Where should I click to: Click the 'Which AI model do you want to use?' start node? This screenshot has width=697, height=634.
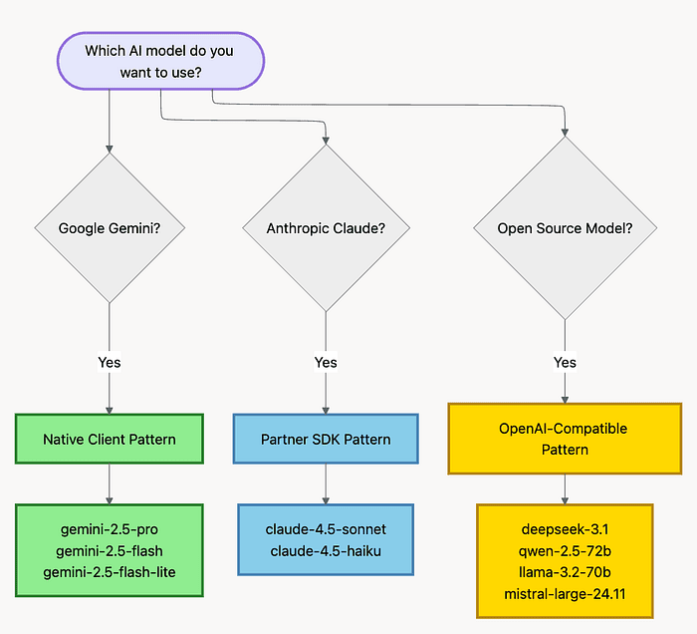(x=160, y=61)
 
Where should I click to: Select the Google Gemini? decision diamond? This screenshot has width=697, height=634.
(x=110, y=228)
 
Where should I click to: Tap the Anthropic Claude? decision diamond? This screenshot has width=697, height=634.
(x=326, y=228)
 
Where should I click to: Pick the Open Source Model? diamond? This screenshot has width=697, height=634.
(x=565, y=228)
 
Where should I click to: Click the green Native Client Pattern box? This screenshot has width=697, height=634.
(x=110, y=440)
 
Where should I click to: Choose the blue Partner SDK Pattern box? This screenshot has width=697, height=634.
(x=326, y=440)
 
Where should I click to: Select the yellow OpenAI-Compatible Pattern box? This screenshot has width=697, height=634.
(x=565, y=439)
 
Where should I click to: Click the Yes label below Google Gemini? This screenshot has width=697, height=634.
(x=110, y=362)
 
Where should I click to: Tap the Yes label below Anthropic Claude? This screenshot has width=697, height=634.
(x=326, y=362)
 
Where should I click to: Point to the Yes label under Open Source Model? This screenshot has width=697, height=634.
(x=565, y=362)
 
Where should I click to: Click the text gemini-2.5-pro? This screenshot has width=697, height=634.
(x=110, y=529)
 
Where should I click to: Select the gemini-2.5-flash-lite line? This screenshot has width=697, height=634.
(x=110, y=572)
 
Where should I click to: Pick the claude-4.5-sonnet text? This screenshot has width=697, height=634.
(x=326, y=529)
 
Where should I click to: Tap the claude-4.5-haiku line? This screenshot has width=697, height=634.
(x=326, y=551)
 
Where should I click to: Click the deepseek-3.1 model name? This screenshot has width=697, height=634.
(x=565, y=529)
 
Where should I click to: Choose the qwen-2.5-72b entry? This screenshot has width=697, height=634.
(x=565, y=551)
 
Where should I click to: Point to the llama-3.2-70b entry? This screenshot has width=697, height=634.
(x=565, y=572)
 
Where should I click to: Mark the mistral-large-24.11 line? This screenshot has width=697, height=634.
(x=565, y=594)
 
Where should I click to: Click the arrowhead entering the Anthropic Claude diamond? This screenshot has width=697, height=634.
(x=326, y=141)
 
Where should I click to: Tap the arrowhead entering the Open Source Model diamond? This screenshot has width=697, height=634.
(x=565, y=133)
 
